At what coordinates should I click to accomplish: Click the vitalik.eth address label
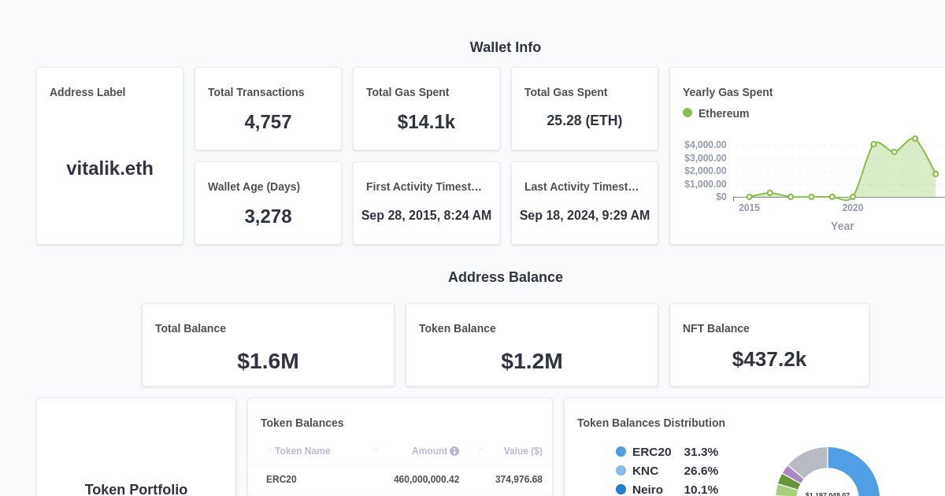(109, 168)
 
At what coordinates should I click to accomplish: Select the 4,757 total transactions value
(268, 122)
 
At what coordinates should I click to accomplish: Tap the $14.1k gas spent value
(426, 122)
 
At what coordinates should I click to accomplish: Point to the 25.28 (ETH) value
(584, 120)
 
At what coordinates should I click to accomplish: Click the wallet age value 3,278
(268, 217)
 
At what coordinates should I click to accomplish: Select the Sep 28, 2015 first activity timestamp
(426, 216)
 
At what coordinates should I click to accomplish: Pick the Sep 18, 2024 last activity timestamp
(584, 216)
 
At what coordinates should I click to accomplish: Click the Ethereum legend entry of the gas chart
(716, 113)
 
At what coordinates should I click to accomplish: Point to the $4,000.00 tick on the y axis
(705, 145)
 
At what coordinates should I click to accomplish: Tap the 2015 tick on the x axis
(749, 208)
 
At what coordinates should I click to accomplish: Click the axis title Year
(842, 226)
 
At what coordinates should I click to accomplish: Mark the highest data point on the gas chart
(915, 139)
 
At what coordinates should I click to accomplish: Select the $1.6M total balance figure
(268, 361)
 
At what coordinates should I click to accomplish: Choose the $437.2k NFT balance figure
(769, 359)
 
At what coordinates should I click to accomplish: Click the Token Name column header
(302, 451)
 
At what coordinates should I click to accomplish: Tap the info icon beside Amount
(454, 451)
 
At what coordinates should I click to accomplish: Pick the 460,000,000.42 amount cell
(426, 479)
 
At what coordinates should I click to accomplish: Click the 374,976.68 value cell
(518, 479)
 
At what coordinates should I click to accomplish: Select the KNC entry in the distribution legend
(645, 471)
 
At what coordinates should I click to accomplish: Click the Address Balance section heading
(505, 277)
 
